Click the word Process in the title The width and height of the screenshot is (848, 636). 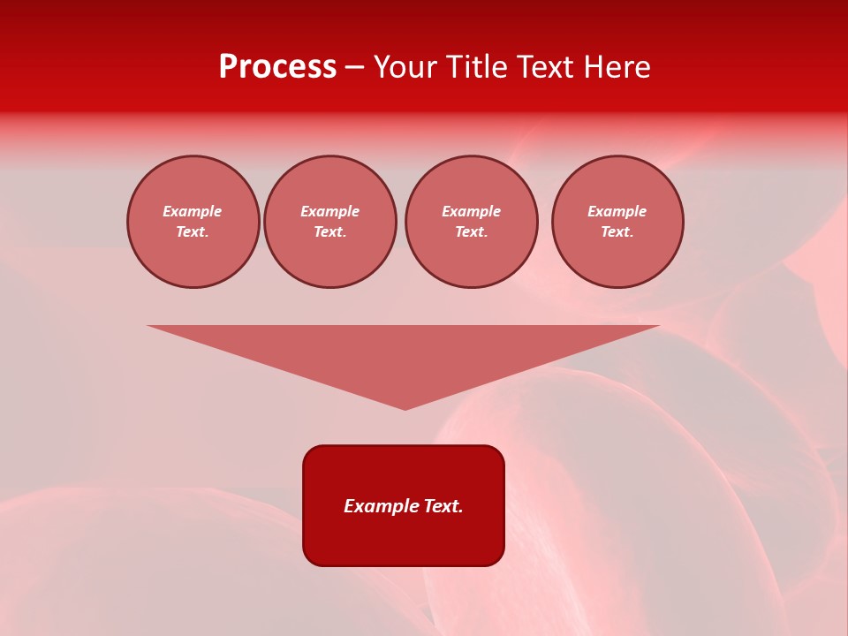coord(277,67)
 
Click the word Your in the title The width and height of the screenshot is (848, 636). coord(405,67)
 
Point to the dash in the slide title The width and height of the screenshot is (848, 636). coord(355,68)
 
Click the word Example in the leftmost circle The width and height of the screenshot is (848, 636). coord(193,211)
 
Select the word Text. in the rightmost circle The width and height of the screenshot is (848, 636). coord(617,231)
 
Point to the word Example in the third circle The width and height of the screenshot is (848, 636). coord(472,211)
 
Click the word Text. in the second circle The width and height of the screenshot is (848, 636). coord(330,231)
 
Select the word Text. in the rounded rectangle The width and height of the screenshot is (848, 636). coord(441,506)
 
